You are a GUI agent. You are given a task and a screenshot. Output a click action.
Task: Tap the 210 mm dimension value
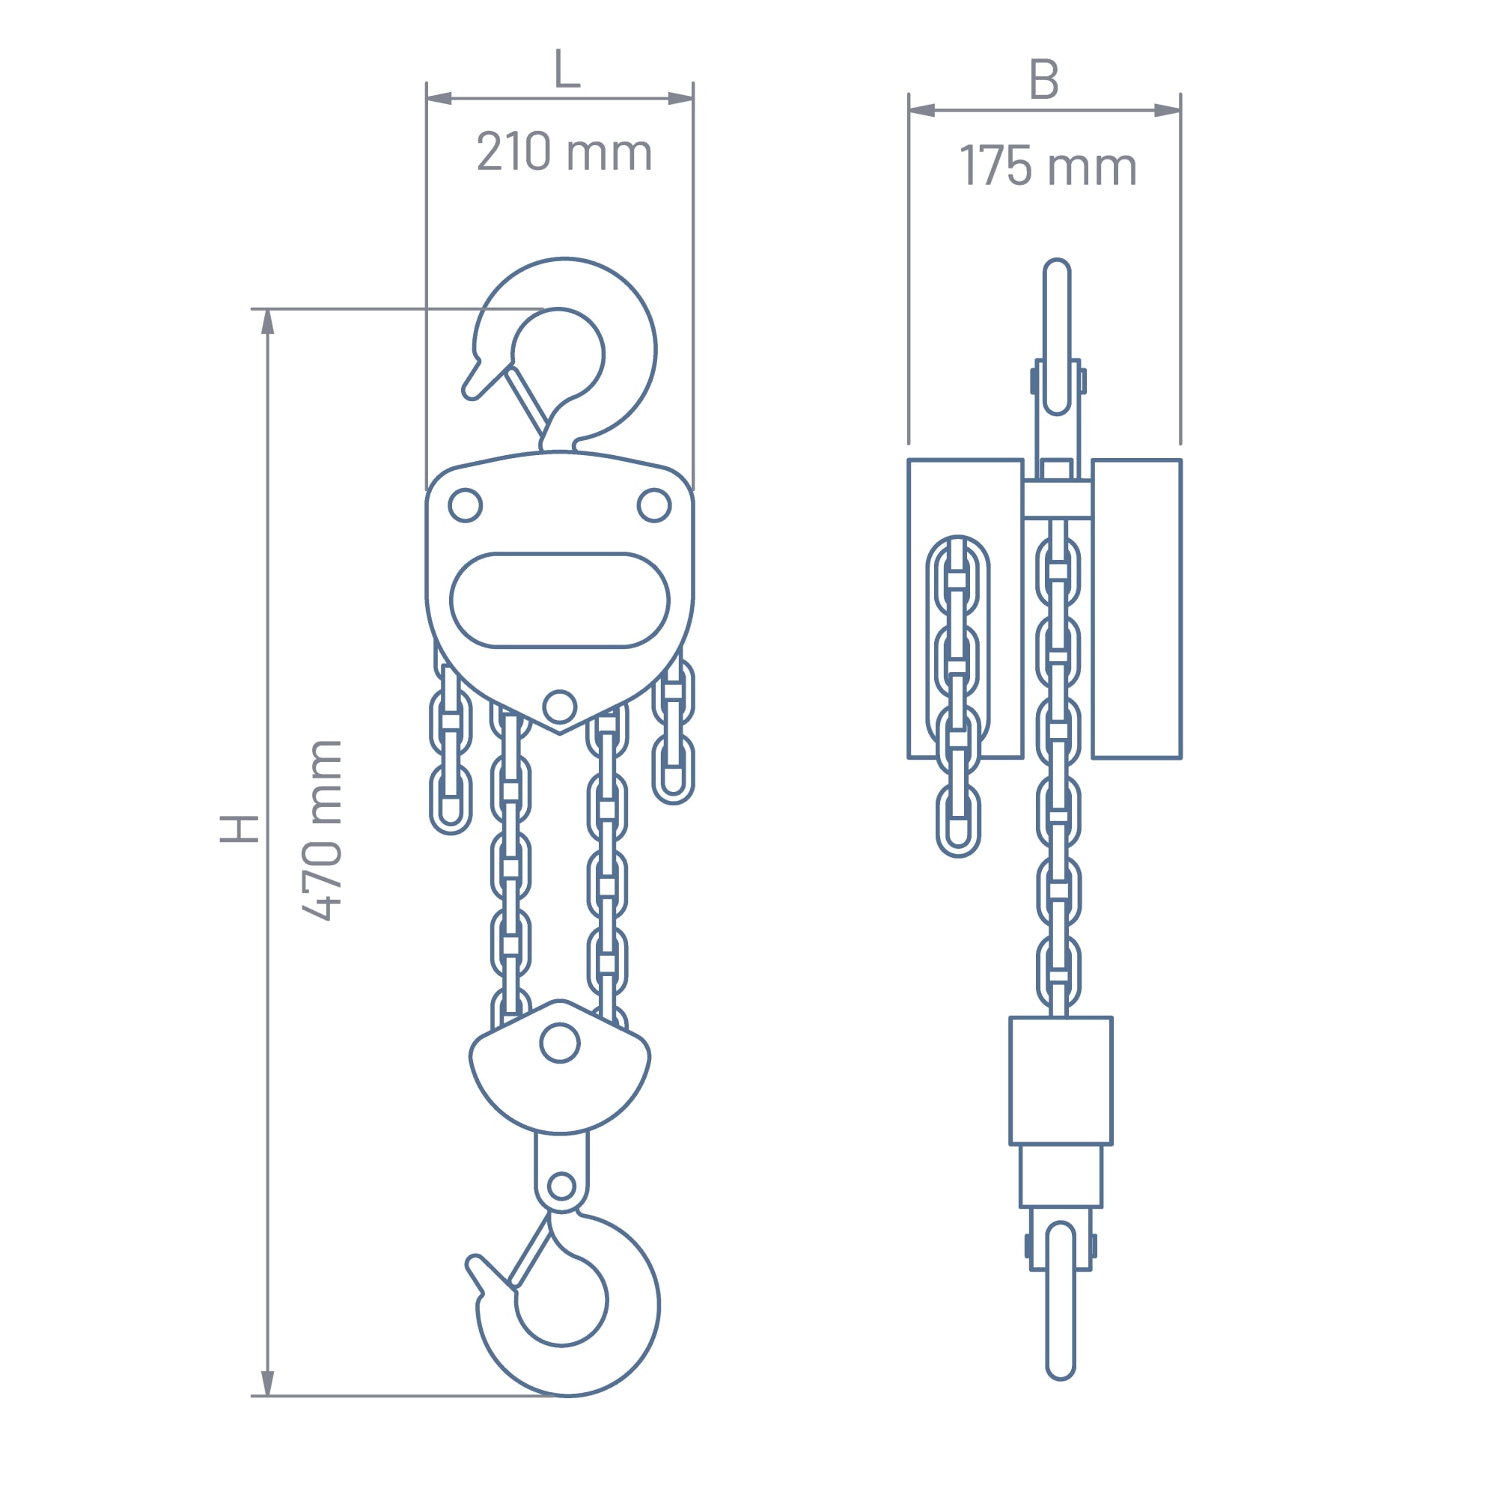point(564,151)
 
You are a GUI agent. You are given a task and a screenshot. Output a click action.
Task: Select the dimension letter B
point(1043,79)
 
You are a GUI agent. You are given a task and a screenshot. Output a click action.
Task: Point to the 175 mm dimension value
point(1048,166)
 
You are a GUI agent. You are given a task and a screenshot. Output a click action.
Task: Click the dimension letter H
point(239,829)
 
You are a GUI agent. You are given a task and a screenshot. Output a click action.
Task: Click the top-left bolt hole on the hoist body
point(465,505)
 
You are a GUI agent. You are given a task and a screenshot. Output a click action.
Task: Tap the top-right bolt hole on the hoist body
point(654,505)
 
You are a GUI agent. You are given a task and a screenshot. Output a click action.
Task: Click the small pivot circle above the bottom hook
point(561,1186)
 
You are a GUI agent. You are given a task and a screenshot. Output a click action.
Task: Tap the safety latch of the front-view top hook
point(527,401)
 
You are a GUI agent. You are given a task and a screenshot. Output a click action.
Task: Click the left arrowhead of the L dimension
point(439,98)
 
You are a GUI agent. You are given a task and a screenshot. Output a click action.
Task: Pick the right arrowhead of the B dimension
point(1168,110)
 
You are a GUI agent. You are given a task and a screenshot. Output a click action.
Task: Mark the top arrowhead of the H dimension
point(267,322)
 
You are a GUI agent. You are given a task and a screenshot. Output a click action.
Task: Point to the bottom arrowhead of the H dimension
point(267,1383)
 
